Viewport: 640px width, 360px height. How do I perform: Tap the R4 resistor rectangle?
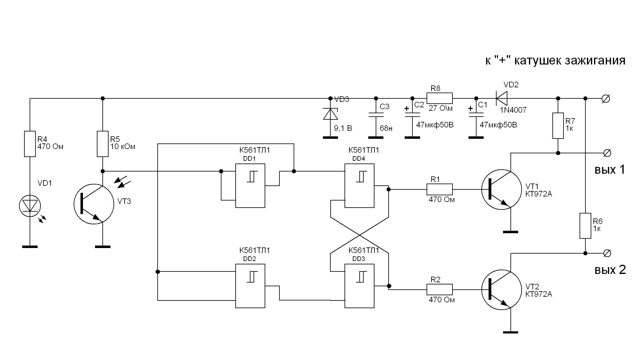30,144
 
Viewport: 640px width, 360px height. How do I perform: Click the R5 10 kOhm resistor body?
103,144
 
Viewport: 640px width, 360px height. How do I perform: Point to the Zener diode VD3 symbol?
330,114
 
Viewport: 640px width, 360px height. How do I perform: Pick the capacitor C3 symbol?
376,115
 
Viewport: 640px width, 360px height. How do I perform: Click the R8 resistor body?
440,98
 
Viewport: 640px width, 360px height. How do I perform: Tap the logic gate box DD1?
250,185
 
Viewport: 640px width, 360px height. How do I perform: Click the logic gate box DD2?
250,286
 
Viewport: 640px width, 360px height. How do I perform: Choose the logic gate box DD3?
359,286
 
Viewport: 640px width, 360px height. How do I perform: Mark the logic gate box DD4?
359,185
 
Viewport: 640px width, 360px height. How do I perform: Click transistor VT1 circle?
501,189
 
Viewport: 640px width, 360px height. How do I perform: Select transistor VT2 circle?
501,290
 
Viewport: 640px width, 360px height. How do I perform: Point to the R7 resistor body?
558,126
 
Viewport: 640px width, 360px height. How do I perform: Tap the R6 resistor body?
585,226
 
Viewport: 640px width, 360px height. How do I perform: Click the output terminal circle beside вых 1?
607,153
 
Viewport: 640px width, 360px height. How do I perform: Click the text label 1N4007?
514,110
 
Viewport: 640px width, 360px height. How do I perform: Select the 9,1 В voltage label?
343,128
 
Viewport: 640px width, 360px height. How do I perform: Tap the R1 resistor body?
440,189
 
